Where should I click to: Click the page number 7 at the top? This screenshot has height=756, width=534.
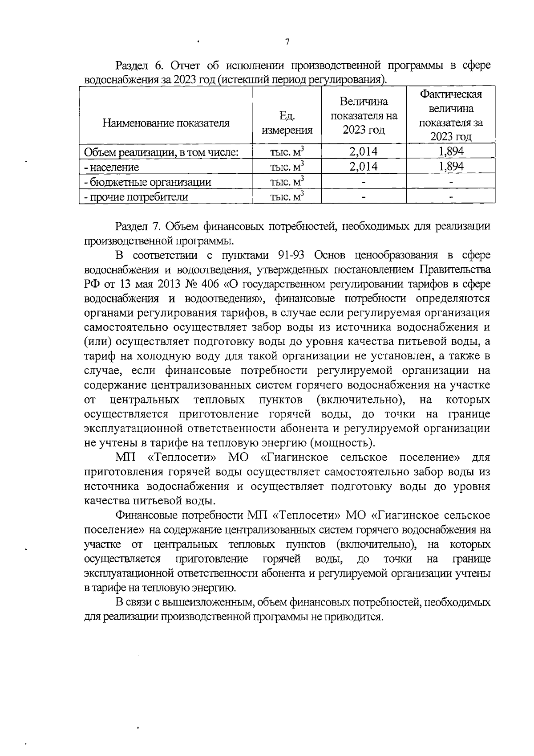(x=287, y=42)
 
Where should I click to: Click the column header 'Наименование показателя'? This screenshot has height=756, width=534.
(x=166, y=123)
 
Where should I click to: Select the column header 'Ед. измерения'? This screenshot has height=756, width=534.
(x=287, y=123)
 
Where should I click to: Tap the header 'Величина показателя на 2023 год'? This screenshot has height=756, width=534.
(x=364, y=116)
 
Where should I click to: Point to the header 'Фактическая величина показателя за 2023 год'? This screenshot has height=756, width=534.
(x=451, y=116)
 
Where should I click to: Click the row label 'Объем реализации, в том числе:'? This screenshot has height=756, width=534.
(x=162, y=152)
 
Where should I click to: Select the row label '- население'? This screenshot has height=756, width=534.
(x=112, y=168)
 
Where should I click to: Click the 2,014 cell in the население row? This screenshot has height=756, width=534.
(x=364, y=167)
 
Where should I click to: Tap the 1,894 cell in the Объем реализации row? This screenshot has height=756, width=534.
(x=451, y=151)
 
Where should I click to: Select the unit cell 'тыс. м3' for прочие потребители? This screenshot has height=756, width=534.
(x=287, y=196)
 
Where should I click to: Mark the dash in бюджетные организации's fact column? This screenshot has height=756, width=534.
(x=451, y=182)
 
